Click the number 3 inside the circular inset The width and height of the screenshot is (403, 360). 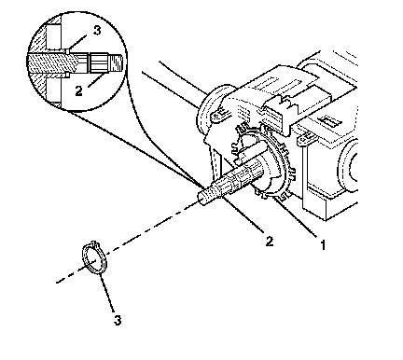tap(97, 31)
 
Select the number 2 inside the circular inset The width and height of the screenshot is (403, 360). tap(79, 90)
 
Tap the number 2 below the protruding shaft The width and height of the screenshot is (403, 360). tap(270, 241)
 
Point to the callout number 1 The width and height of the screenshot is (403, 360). tap(323, 245)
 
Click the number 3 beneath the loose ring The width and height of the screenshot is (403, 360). tap(118, 320)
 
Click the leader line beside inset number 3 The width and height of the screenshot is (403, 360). tap(77, 42)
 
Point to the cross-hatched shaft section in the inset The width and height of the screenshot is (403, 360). tap(52, 62)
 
